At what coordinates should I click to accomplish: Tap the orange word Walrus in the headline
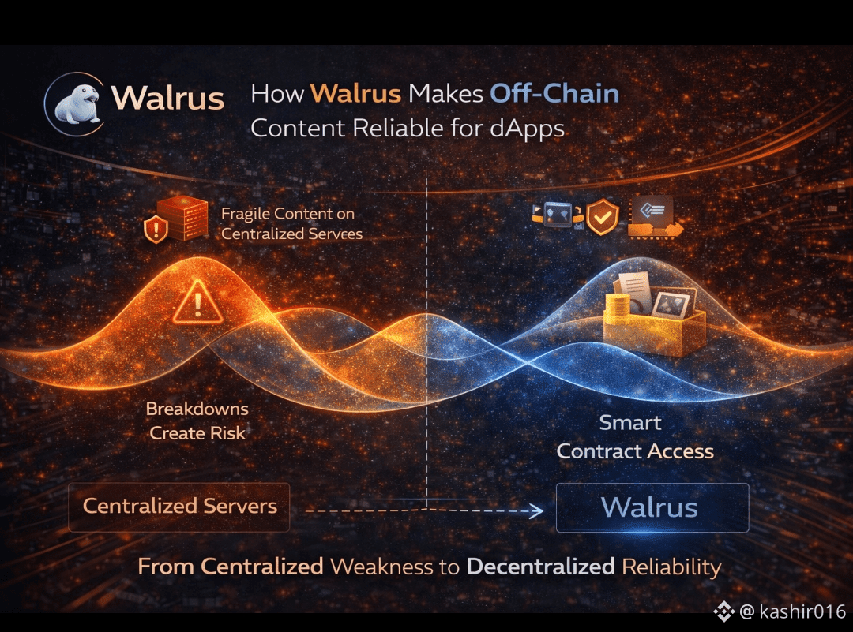coord(355,95)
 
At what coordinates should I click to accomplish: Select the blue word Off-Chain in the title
coord(554,95)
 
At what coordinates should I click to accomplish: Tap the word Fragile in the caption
coord(246,213)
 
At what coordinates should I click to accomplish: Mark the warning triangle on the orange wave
coord(198,304)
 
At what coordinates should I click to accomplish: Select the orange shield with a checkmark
coord(601,218)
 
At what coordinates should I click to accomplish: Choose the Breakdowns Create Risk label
coord(197,421)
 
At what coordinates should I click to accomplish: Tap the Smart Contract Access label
coord(634,437)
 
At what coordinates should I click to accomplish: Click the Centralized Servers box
coord(179,506)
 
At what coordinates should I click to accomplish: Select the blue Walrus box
coord(652,507)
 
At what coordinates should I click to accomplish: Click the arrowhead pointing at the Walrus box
coord(536,511)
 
